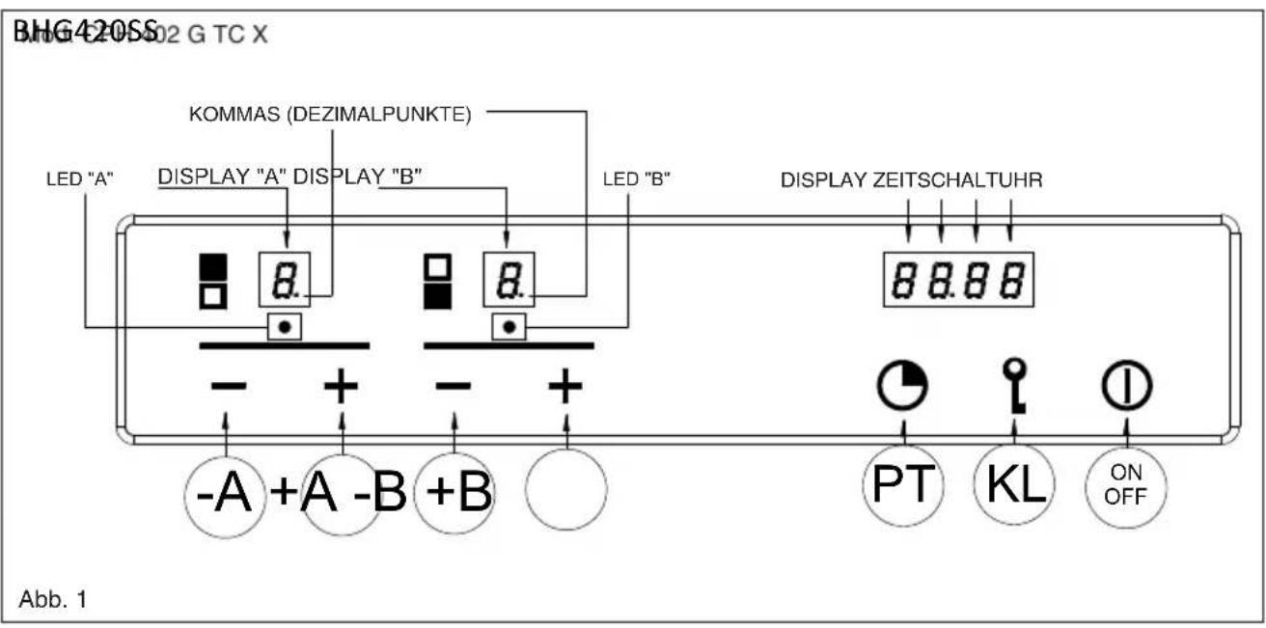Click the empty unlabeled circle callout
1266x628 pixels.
coord(565,488)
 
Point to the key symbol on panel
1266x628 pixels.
coord(1013,386)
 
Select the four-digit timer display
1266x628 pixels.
coord(958,280)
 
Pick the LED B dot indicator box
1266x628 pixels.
coord(509,327)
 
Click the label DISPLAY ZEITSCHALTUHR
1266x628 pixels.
coord(911,179)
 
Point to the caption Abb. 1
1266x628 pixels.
coord(53,599)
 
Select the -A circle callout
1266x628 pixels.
coord(224,495)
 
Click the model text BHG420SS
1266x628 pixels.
coord(85,35)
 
